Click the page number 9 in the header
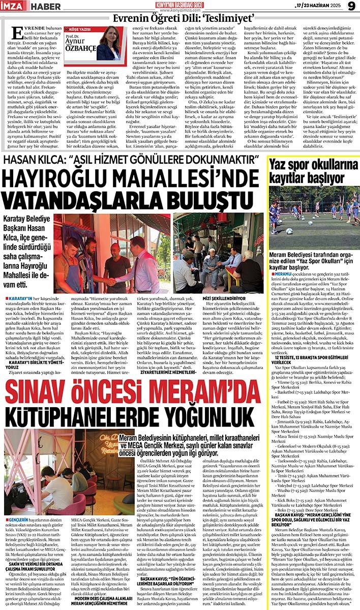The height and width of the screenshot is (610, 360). (350, 6)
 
